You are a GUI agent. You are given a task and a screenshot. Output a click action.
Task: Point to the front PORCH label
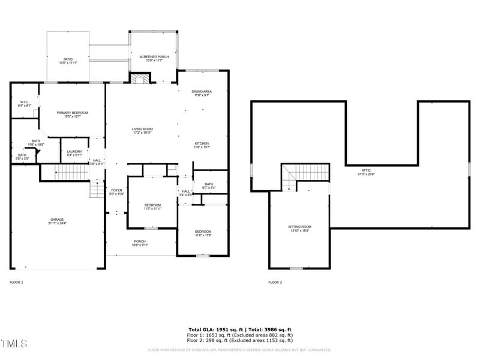click(140, 243)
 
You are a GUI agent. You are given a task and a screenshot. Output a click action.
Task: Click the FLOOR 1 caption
click(16, 282)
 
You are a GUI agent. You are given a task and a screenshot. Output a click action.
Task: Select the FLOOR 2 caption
click(275, 282)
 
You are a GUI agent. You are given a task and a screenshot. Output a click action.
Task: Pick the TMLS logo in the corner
click(14, 344)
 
